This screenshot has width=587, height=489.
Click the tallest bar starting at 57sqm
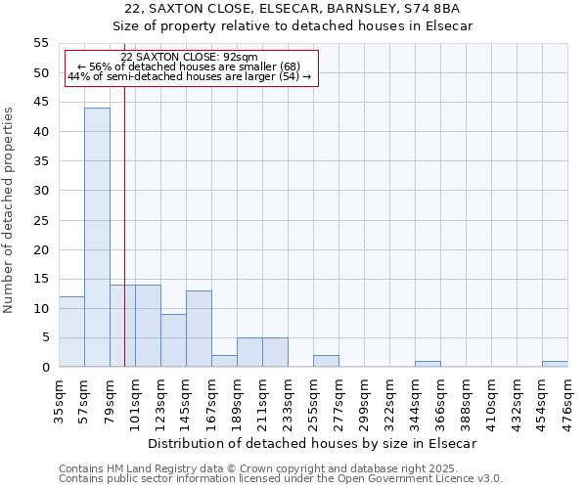pyautogui.click(x=97, y=238)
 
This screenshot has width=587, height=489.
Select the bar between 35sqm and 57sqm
pyautogui.click(x=71, y=332)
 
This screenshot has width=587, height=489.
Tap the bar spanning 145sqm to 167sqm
pyautogui.click(x=199, y=329)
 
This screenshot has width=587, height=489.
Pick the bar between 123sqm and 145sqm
pyautogui.click(x=173, y=340)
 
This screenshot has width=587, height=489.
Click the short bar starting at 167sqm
pyautogui.click(x=224, y=361)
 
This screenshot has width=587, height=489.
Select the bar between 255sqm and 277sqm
pyautogui.click(x=326, y=361)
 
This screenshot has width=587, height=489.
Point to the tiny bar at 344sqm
pyautogui.click(x=428, y=364)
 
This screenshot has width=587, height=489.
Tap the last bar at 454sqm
pyautogui.click(x=555, y=364)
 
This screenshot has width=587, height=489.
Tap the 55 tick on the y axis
pyautogui.click(x=41, y=43)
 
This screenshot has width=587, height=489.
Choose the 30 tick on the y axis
pyautogui.click(x=41, y=191)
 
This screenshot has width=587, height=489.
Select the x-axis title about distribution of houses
pyautogui.click(x=313, y=443)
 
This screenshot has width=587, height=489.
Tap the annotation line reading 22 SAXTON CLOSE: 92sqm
pyautogui.click(x=190, y=58)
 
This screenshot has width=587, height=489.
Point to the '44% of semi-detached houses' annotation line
pyautogui.click(x=190, y=76)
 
